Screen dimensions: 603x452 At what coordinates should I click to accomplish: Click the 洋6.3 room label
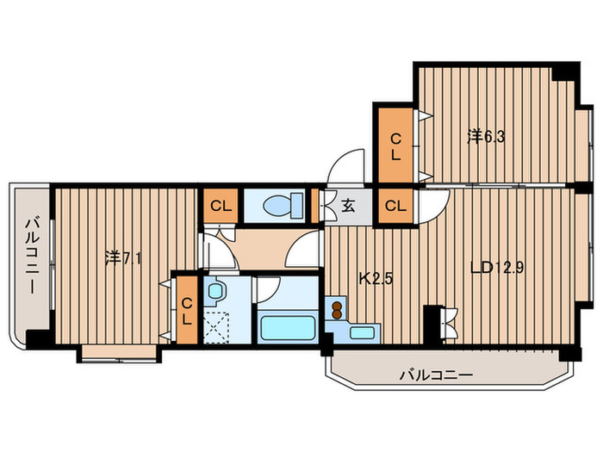coord(486,137)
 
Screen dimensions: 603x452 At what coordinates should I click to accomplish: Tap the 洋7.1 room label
coord(123,258)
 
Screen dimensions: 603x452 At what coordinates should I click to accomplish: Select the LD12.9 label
coord(497,268)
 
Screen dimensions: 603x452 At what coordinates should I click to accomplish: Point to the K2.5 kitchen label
coord(376,279)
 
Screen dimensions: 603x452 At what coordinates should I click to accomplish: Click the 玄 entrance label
coord(348,207)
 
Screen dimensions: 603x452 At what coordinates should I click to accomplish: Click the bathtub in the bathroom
coord(287,327)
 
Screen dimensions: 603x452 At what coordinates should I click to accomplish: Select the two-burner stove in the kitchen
coord(337,310)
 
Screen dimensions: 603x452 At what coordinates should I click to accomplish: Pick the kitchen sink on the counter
coord(363,332)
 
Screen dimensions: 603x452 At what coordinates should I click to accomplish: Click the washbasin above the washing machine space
coord(215,291)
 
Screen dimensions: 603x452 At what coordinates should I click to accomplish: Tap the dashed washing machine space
coord(216,328)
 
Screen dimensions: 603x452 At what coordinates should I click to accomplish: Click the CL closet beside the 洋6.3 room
coord(395,146)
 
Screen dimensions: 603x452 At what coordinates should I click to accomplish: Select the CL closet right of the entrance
coord(395,206)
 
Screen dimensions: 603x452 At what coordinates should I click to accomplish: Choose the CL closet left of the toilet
coord(221,206)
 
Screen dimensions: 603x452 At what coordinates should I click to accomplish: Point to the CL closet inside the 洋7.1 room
coord(187,311)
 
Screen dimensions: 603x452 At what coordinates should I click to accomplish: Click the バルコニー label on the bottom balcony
coord(436,375)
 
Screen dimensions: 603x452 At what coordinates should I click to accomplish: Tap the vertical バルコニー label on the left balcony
coord(33,256)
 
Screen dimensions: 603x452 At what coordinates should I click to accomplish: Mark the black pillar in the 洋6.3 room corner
coord(565,73)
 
